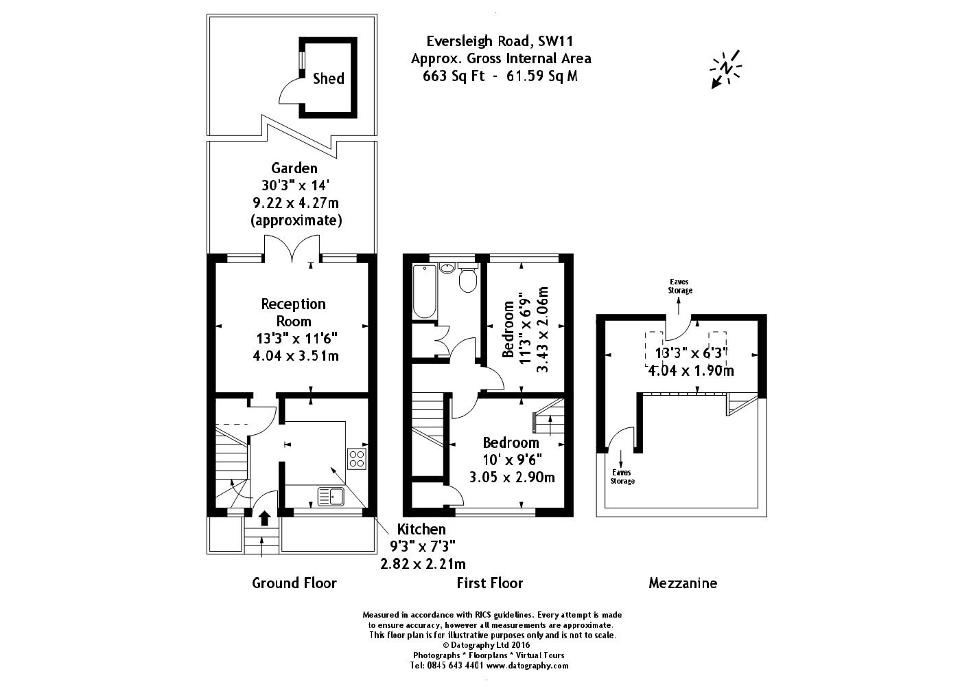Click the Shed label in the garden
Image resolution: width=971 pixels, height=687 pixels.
(328, 78)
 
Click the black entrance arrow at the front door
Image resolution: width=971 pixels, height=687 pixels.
(264, 517)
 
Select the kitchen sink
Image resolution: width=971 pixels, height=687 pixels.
(331, 495)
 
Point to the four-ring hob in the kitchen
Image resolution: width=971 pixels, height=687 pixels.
(357, 458)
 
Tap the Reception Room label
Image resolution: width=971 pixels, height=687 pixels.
(293, 313)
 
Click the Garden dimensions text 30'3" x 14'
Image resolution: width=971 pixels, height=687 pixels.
(294, 185)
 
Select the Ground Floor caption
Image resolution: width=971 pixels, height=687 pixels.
(294, 583)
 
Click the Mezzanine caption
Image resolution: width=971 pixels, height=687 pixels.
(682, 583)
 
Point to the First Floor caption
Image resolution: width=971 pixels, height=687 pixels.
(489, 583)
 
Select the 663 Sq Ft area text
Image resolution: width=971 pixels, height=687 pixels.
(454, 76)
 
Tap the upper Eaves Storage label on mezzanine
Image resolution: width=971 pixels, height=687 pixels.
(680, 286)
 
